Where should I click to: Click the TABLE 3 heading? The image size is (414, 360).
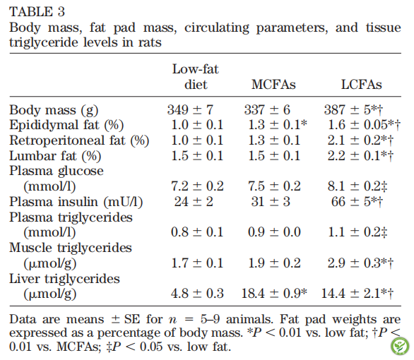coord(37,12)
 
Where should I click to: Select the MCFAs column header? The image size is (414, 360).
coord(273,85)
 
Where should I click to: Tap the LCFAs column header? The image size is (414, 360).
coord(362,85)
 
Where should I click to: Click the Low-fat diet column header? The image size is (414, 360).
coord(196,77)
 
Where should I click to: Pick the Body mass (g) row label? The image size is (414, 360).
coord(54,110)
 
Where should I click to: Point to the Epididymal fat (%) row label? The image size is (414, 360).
coord(66,125)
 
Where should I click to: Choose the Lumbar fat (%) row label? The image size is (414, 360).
coord(55,156)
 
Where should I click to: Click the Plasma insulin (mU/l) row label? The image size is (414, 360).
coord(76,202)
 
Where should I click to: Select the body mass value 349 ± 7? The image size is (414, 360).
coord(190,109)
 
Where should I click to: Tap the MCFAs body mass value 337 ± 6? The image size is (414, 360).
coord(267,109)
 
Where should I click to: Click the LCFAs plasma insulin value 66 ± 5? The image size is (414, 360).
coord(357,202)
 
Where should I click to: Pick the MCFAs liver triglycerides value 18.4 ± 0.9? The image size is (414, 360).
coord(274,294)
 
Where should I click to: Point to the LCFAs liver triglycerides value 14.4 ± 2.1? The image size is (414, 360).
coord(357,294)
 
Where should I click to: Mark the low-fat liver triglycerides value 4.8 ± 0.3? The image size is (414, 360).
coord(197,294)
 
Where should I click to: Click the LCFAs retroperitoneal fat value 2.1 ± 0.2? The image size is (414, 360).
coord(360,140)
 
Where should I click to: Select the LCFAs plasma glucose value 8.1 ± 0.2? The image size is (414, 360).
coord(357,186)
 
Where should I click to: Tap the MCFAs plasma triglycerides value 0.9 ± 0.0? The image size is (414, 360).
coord(274,232)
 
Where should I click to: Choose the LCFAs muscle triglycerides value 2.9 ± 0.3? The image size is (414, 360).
coord(360,263)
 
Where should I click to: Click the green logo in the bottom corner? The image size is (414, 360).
coord(400,346)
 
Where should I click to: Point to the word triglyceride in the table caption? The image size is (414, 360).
coord(44,43)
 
